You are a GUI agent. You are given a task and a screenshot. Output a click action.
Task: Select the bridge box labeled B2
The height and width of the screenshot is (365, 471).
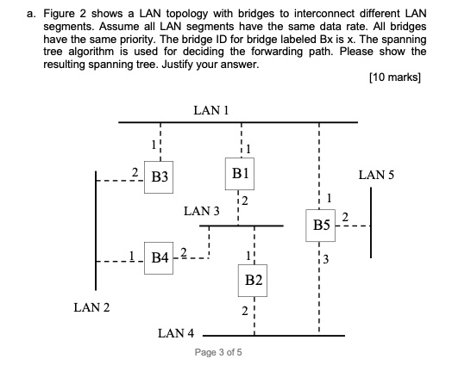[253, 281]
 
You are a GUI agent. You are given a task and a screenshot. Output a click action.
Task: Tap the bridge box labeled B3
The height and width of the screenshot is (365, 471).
[159, 179]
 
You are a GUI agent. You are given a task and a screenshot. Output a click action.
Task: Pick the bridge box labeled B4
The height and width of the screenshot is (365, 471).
[159, 257]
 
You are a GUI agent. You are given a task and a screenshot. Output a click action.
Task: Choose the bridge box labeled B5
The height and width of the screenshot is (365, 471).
[321, 226]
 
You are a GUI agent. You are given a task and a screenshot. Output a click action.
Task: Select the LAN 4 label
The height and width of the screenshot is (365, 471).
[177, 332]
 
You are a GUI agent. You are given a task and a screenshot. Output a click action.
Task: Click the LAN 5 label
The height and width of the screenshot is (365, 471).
[376, 175]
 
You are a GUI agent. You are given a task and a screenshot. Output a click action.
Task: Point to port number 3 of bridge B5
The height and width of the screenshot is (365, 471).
[329, 261]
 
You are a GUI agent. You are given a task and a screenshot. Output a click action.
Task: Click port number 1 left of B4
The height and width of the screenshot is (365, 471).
[131, 254]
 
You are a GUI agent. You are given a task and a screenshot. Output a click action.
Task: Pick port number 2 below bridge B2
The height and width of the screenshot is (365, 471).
[244, 311]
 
